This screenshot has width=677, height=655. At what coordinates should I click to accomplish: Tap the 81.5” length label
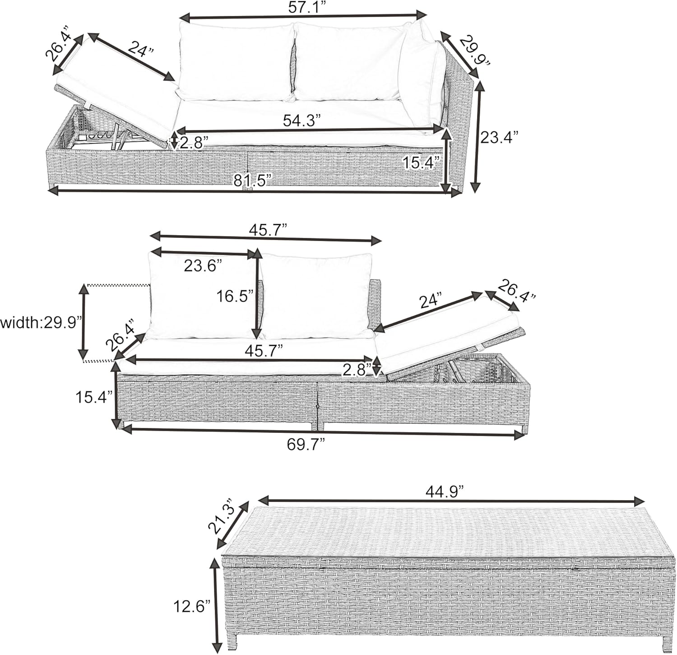[x=252, y=181]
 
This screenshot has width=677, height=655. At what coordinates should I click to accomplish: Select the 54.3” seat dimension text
[x=302, y=121]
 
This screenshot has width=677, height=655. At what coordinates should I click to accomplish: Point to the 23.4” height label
[x=499, y=137]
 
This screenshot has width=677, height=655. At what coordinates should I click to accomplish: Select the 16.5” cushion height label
[x=235, y=297]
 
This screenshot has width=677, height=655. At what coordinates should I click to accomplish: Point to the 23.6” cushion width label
[x=203, y=266]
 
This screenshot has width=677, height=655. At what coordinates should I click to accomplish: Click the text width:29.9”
[x=42, y=323]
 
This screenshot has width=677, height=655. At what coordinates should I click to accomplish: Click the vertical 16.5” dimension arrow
[x=257, y=293]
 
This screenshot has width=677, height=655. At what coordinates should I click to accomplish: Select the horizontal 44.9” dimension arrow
[x=451, y=501]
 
